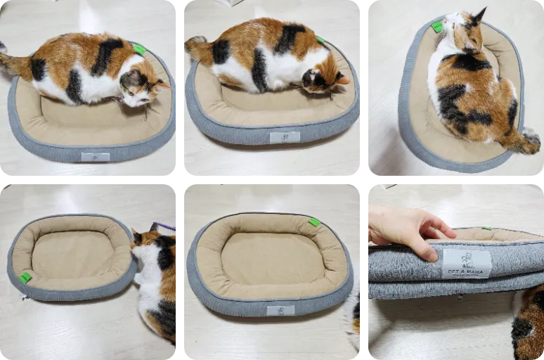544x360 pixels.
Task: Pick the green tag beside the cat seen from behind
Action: pos(437,27)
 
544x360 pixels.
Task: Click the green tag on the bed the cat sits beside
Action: pos(25,277)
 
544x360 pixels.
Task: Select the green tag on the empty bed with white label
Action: pos(313,222)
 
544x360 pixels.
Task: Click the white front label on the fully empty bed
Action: pos(280,310)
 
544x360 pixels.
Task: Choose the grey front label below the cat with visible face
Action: pos(95,156)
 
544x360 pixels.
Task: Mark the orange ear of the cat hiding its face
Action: pos(342,79)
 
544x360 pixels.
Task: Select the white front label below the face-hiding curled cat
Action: pos(285,136)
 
